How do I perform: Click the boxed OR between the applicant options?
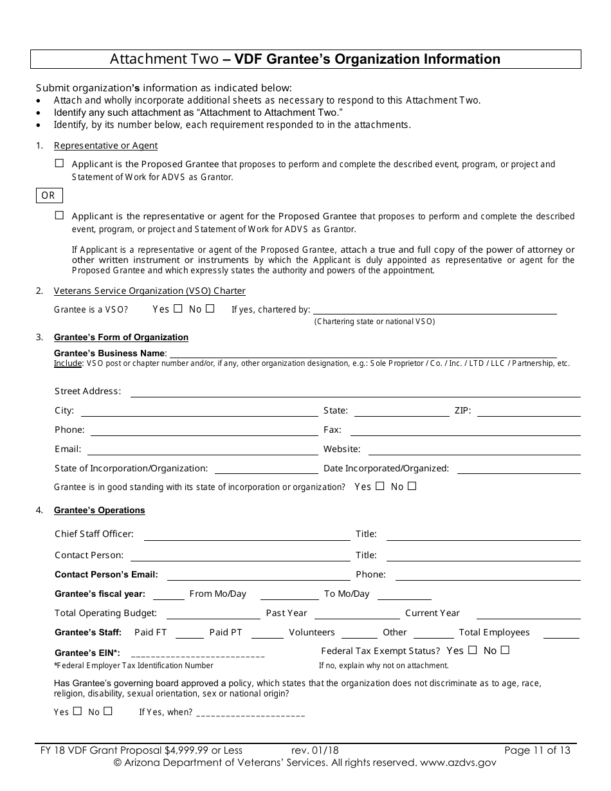tap(48, 195)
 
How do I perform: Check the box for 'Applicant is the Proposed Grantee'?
tap(60, 164)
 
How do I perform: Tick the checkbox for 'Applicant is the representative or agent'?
tap(60, 216)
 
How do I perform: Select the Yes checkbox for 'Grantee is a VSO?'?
tap(178, 309)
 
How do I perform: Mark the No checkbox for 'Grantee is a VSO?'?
tap(210, 309)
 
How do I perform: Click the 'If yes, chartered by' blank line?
tap(435, 311)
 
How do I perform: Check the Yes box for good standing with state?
tap(379, 486)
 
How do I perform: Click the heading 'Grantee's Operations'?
tap(99, 511)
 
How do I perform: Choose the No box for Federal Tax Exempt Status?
tap(505, 650)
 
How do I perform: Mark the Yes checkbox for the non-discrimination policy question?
tap(78, 711)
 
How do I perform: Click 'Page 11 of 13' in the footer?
tap(537, 750)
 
